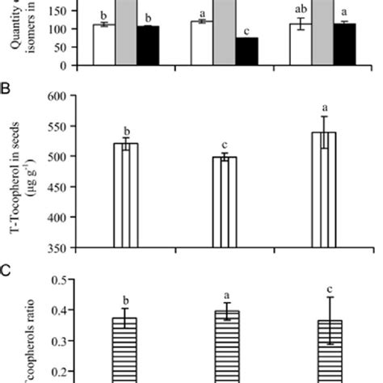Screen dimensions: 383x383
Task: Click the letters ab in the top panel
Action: click(x=301, y=13)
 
